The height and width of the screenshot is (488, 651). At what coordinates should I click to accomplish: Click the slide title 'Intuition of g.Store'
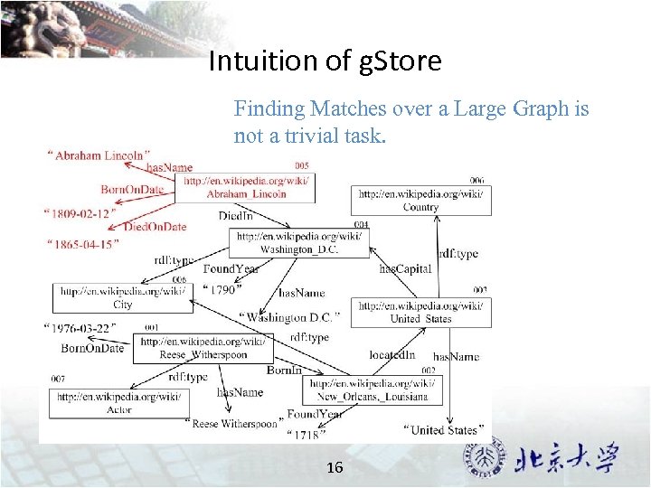coord(325,61)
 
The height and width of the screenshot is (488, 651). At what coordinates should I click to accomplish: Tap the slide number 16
coord(335,467)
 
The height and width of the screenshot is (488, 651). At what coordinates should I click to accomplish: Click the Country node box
coord(420,201)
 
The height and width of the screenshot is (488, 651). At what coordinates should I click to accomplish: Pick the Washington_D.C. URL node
coord(298,242)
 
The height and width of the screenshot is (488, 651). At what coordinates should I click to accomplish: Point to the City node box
coord(123,298)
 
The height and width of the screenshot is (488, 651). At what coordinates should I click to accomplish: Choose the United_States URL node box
coord(420,312)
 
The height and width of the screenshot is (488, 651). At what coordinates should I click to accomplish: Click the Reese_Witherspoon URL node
coord(203,348)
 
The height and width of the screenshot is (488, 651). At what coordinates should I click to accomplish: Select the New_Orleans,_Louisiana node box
coord(373,390)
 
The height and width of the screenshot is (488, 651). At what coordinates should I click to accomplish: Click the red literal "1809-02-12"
coord(77,214)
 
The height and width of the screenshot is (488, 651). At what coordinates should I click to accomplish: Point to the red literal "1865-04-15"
coord(82,244)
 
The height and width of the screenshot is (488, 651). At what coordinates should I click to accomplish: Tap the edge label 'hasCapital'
coord(405,268)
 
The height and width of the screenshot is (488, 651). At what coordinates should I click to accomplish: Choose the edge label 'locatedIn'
coord(392,355)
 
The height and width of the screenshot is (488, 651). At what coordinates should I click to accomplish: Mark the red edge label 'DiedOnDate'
coord(155,227)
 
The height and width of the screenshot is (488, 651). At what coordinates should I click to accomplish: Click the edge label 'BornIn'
coord(284,371)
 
